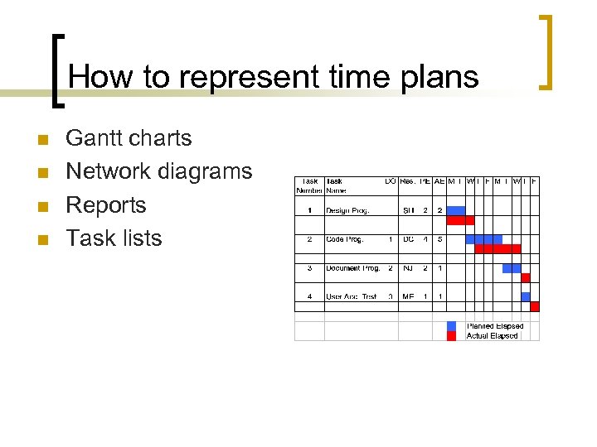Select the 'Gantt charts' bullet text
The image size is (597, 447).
pyautogui.click(x=129, y=138)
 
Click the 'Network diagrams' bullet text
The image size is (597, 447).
pyautogui.click(x=158, y=171)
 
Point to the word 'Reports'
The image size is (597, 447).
pyautogui.click(x=105, y=204)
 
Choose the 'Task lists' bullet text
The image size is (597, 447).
pyautogui.click(x=114, y=238)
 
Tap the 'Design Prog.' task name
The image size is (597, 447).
pyautogui.click(x=347, y=210)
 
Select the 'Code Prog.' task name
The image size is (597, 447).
pyautogui.click(x=344, y=239)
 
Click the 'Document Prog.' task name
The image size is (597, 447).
pyautogui.click(x=353, y=268)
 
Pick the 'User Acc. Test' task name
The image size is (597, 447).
pyautogui.click(x=352, y=296)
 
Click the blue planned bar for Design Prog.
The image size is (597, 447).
pyautogui.click(x=456, y=210)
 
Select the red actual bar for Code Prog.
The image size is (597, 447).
pyautogui.click(x=498, y=248)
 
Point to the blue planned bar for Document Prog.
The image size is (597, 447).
pyautogui.click(x=512, y=268)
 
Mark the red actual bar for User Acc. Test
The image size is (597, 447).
pyautogui.click(x=535, y=306)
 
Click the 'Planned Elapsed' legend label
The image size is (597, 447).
pyautogui.click(x=495, y=326)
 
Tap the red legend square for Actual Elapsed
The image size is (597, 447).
pyautogui.click(x=452, y=336)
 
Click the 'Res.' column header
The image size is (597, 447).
pyautogui.click(x=408, y=180)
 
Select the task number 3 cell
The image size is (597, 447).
pyautogui.click(x=309, y=268)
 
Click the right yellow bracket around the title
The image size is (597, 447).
pyautogui.click(x=546, y=51)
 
